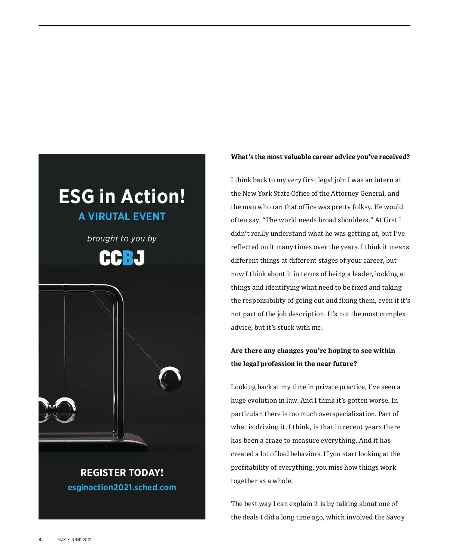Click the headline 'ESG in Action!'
pyautogui.click(x=122, y=196)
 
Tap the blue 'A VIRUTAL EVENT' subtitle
pyautogui.click(x=122, y=217)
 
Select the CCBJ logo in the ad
pyautogui.click(x=122, y=258)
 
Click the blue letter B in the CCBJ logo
pyautogui.click(x=128, y=258)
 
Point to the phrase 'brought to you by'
pyautogui.click(x=122, y=238)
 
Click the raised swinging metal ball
pyautogui.click(x=169, y=379)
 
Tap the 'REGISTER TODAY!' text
pyautogui.click(x=122, y=473)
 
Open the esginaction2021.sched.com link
pyautogui.click(x=122, y=487)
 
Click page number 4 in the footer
pyautogui.click(x=40, y=539)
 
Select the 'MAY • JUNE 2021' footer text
pyautogui.click(x=74, y=540)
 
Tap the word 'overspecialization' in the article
pyautogui.click(x=347, y=414)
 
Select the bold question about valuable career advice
pyautogui.click(x=320, y=157)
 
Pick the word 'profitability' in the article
pyautogui.click(x=249, y=467)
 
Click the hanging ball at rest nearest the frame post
pyautogui.click(x=65, y=410)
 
